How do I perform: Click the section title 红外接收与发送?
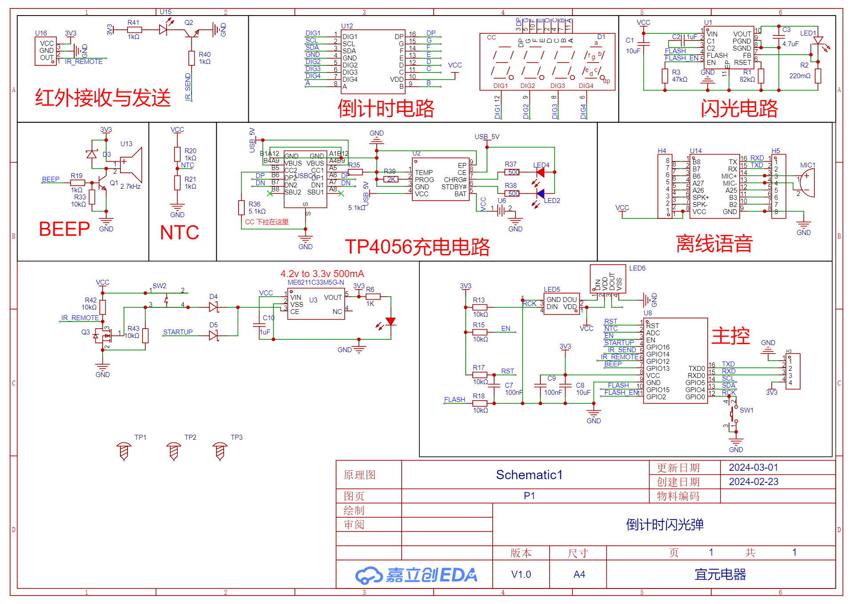103,98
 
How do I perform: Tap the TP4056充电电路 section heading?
417,247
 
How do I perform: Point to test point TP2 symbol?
174,451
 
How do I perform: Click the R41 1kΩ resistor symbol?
134,30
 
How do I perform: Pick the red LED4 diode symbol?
540,172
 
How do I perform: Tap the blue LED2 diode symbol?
540,194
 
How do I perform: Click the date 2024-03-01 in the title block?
753,467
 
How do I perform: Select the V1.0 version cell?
521,574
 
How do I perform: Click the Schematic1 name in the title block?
529,475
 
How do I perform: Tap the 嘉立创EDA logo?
416,575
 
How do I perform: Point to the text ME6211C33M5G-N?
315,282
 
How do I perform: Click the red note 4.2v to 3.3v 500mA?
322,274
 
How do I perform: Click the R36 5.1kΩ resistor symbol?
241,207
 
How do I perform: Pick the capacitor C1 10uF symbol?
643,43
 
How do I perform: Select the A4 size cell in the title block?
579,574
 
